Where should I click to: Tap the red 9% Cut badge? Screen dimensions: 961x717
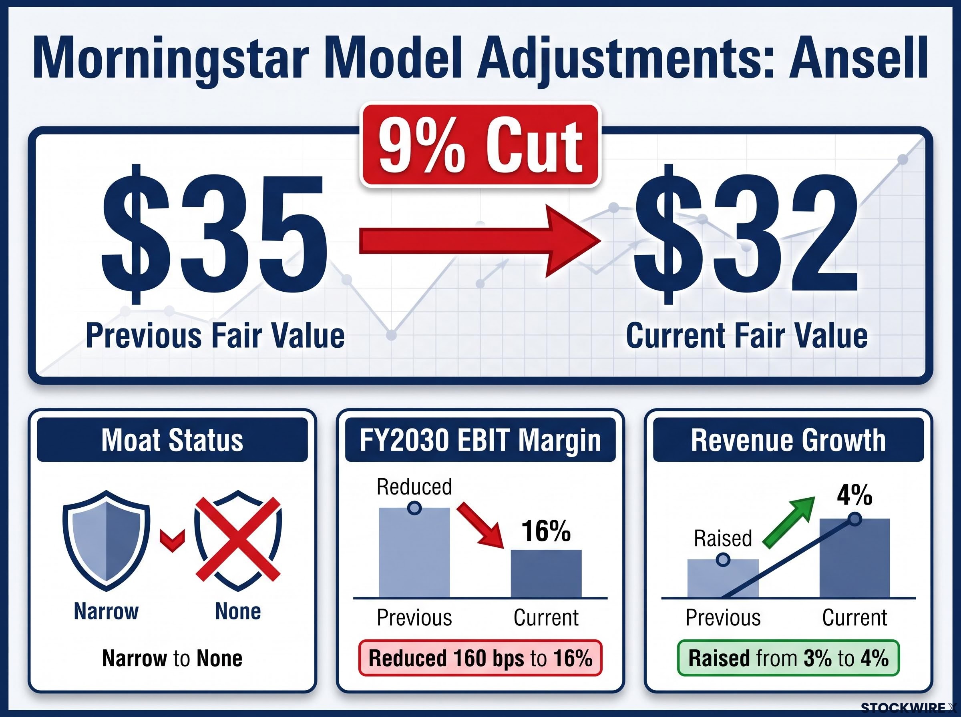click(x=480, y=145)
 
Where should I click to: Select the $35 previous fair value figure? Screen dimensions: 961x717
click(x=214, y=234)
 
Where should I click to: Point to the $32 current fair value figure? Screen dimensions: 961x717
click(x=746, y=234)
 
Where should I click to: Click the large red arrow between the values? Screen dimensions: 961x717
click(x=480, y=241)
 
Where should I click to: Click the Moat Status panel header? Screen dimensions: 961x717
click(x=173, y=440)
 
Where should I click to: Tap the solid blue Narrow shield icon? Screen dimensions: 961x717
click(x=107, y=541)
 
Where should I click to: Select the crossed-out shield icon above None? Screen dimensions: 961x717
click(x=238, y=541)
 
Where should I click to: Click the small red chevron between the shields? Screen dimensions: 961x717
click(x=173, y=541)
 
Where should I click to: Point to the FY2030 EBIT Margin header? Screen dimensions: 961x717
click(x=480, y=440)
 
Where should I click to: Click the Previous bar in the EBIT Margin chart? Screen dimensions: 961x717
click(x=414, y=553)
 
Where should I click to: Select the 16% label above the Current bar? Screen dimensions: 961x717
click(x=546, y=531)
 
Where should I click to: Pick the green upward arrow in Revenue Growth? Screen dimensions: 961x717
click(x=788, y=523)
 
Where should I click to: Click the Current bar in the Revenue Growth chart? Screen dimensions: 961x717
click(x=854, y=558)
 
